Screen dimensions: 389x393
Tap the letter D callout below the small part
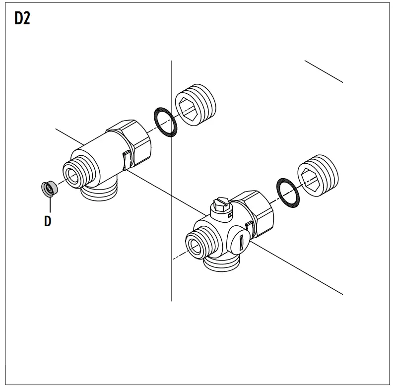point(48,221)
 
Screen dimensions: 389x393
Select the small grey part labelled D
point(49,189)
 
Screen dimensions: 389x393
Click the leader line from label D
point(48,204)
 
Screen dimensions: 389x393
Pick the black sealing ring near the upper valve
point(163,122)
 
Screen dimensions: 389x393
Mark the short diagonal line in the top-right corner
point(323,71)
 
